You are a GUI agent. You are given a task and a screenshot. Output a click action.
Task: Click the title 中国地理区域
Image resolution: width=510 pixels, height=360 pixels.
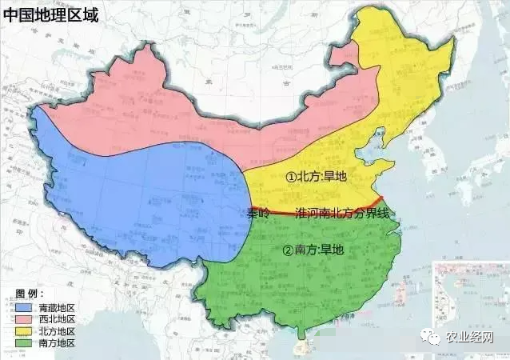tap(50, 14)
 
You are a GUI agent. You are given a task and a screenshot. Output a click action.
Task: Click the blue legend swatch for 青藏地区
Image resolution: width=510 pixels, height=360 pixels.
tap(23, 306)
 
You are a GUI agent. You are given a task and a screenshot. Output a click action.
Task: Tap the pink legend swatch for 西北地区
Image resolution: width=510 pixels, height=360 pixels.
tap(23, 318)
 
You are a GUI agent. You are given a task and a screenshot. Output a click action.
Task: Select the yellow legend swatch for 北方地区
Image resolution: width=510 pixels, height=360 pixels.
tap(23, 330)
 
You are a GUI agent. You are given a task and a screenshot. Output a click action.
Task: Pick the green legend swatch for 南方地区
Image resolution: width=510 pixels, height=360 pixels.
tap(23, 342)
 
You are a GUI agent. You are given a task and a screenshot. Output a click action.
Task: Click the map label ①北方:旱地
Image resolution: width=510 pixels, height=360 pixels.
tap(317, 176)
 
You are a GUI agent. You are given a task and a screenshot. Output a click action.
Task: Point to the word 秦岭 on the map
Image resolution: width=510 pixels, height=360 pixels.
tap(259, 214)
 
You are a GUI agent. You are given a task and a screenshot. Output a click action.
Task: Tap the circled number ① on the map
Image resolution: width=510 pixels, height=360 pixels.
tap(292, 176)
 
